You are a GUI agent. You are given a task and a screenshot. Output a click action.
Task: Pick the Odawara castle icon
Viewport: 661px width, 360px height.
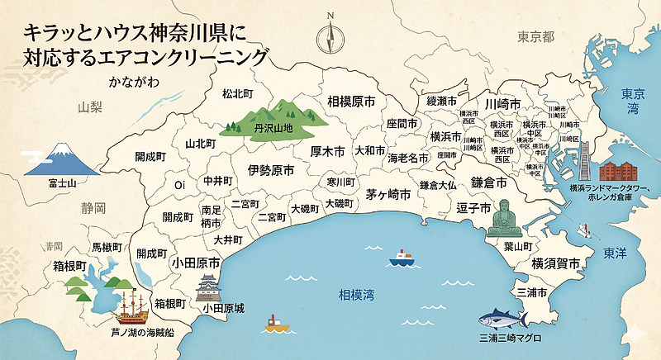tap(208, 289)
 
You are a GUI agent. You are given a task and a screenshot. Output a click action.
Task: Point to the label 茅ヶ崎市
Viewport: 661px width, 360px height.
tap(388, 195)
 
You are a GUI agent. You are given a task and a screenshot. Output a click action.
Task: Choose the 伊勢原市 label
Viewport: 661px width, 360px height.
tap(271, 171)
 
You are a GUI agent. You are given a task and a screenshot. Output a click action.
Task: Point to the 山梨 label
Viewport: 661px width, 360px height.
tap(89, 107)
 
